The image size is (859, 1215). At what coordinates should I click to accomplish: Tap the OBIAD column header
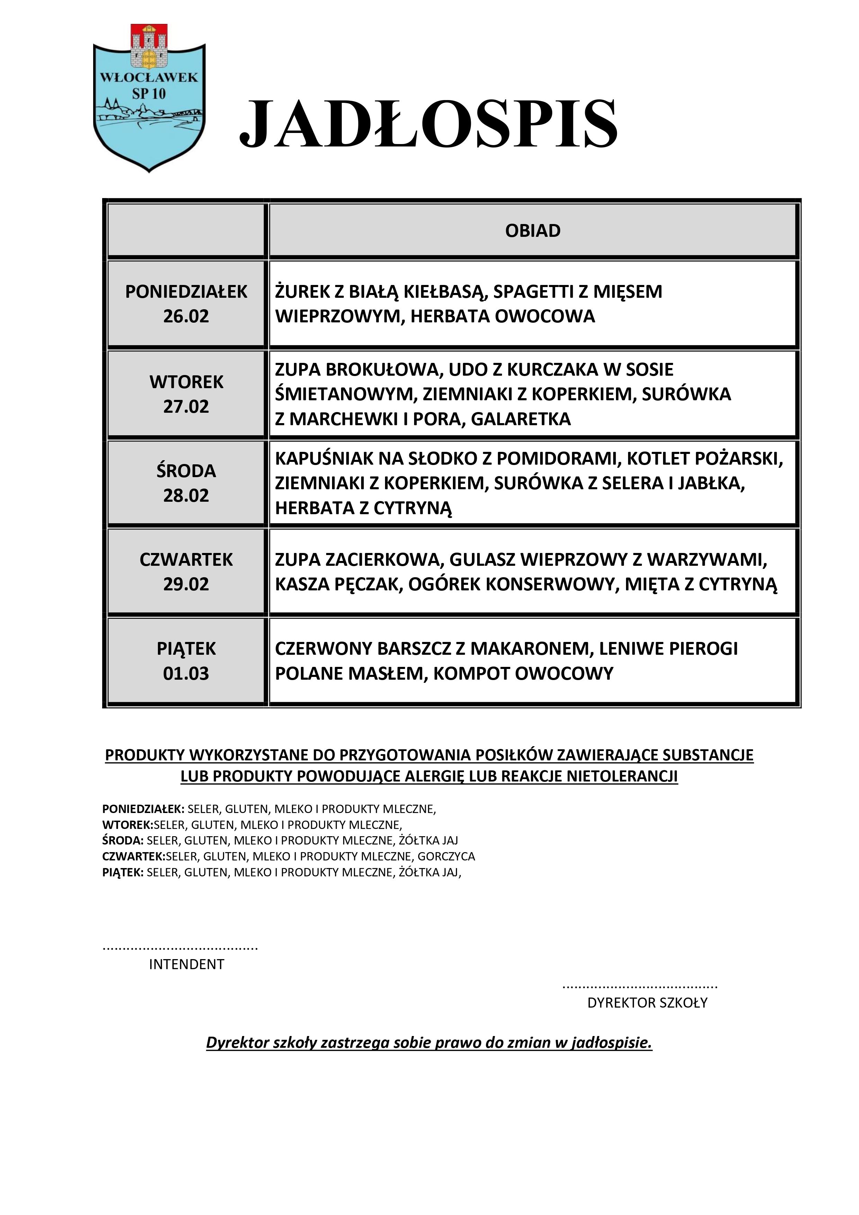point(533,231)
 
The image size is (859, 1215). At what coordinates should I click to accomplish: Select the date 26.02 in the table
point(186,316)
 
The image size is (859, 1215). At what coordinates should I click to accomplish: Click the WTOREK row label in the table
point(186,382)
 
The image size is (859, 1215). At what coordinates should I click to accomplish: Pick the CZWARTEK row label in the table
point(186,559)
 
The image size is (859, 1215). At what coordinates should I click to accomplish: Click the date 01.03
point(186,674)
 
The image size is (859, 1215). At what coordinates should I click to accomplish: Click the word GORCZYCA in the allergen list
point(446,856)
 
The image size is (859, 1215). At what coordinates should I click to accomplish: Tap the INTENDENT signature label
point(186,964)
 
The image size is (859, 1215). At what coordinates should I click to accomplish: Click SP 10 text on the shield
point(149,94)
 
